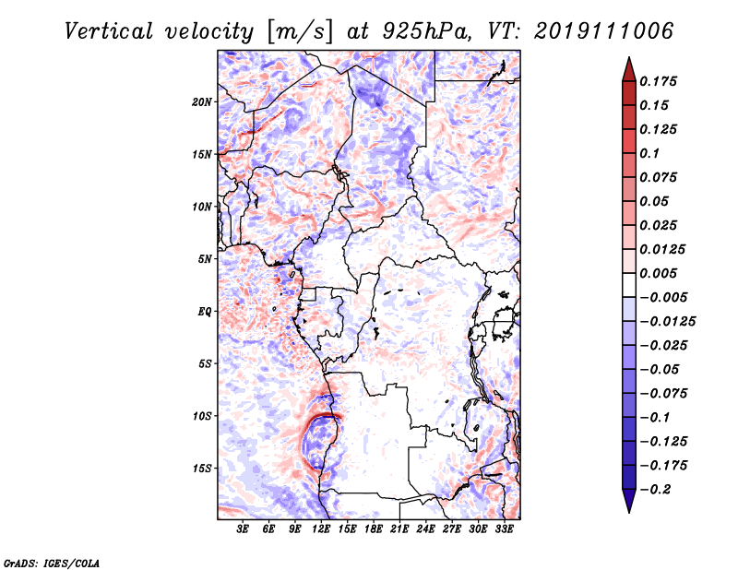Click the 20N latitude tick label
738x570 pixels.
point(202,102)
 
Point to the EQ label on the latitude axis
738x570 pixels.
point(205,312)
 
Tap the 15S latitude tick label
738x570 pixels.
point(202,469)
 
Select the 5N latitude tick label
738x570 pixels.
point(205,259)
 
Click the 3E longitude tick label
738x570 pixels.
point(243,528)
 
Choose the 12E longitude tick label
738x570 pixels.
point(320,528)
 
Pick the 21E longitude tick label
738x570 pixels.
point(399,528)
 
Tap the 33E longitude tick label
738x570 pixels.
point(504,528)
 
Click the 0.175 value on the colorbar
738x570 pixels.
point(658,81)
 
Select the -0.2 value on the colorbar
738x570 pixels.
point(655,490)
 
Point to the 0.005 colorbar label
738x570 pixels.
point(658,273)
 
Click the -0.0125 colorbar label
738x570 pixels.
point(667,322)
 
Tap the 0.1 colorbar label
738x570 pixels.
point(649,153)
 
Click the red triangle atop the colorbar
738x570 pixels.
point(629,69)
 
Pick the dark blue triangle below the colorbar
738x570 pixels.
point(629,501)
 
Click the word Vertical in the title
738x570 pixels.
point(109,31)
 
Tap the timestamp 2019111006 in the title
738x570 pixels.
point(604,31)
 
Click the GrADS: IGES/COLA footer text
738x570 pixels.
point(52,563)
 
